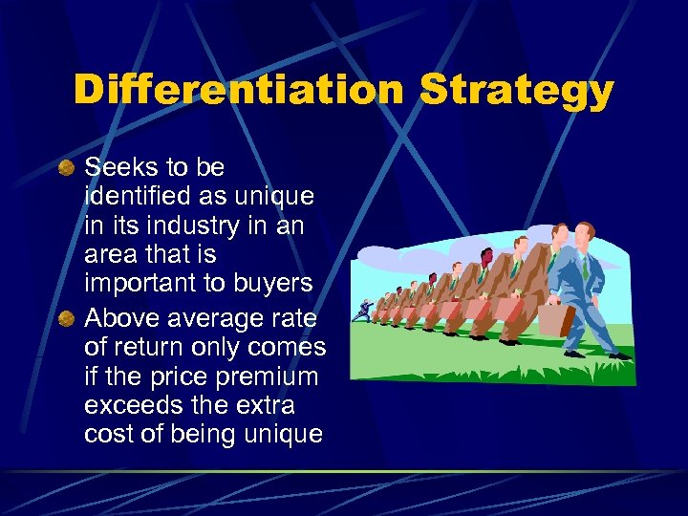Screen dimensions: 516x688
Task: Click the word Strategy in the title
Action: click(x=517, y=92)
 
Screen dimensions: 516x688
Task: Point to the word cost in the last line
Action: click(x=104, y=434)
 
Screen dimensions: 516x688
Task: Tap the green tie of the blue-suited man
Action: click(x=585, y=269)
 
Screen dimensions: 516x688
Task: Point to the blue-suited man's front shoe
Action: click(x=619, y=355)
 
